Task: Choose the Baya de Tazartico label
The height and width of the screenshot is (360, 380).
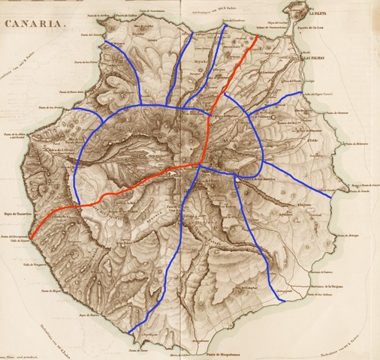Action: coord(17,213)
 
